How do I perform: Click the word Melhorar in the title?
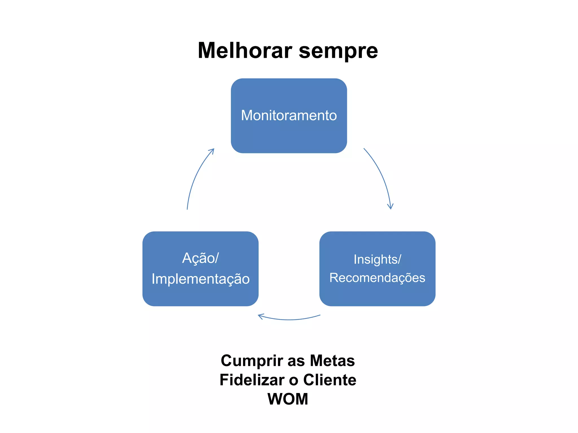point(245,50)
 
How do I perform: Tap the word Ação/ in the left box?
point(200,258)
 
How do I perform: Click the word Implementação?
point(200,279)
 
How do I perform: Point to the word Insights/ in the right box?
point(377,259)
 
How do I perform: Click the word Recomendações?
point(377,278)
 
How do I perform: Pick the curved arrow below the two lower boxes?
point(289,319)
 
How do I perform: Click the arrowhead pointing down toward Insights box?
point(390,207)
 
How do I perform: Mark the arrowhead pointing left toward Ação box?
point(260,316)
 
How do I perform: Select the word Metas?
point(332,361)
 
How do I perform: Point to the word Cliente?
point(329,380)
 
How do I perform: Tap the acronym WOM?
point(288,399)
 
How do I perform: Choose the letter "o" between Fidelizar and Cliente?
point(294,381)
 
